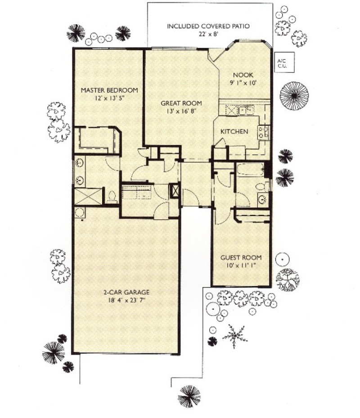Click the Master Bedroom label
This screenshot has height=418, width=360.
pyautogui.click(x=109, y=90)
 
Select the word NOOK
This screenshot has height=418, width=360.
pyautogui.click(x=243, y=75)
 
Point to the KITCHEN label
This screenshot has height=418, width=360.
pyautogui.click(x=234, y=132)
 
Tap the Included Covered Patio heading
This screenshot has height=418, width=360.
pyautogui.click(x=208, y=26)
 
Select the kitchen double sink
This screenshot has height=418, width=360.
pyautogui.click(x=246, y=111)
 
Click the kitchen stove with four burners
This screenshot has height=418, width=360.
pyautogui.click(x=263, y=132)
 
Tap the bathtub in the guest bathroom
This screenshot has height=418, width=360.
pyautogui.click(x=251, y=170)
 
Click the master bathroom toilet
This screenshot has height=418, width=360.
pyautogui.click(x=112, y=196)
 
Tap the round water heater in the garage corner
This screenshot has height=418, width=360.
pyautogui.click(x=80, y=213)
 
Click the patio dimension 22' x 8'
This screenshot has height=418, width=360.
pyautogui.click(x=208, y=34)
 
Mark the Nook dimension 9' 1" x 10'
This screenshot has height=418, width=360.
pyautogui.click(x=243, y=83)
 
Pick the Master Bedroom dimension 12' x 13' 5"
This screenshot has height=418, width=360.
pyautogui.click(x=109, y=98)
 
